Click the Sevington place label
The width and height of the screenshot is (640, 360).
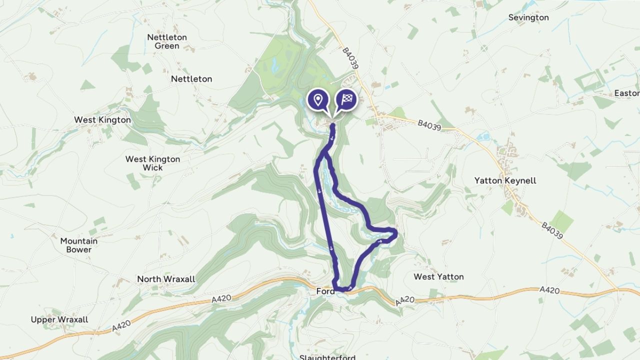[528, 17]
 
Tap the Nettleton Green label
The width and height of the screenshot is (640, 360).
[167, 41]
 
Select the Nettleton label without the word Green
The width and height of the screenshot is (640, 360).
[191, 79]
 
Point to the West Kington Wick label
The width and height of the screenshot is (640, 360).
[152, 163]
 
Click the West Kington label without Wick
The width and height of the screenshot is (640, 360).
[102, 120]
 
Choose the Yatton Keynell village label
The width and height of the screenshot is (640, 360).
[505, 180]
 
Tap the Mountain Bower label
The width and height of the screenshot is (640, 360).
[79, 245]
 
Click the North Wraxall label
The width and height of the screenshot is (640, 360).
[166, 279]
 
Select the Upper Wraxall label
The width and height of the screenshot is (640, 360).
[59, 319]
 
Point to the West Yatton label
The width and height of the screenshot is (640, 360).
[438, 276]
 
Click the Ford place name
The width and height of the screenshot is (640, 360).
[324, 291]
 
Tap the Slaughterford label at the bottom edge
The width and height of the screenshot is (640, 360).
[327, 357]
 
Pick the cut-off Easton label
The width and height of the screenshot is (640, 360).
[627, 93]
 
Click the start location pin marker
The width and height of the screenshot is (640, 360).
[317, 99]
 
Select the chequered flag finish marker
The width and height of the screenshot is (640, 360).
[346, 99]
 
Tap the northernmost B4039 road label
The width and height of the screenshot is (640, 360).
[351, 58]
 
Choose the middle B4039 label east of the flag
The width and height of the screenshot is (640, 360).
[429, 125]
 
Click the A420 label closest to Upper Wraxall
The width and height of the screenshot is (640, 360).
[122, 325]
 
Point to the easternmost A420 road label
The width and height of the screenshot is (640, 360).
[549, 289]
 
